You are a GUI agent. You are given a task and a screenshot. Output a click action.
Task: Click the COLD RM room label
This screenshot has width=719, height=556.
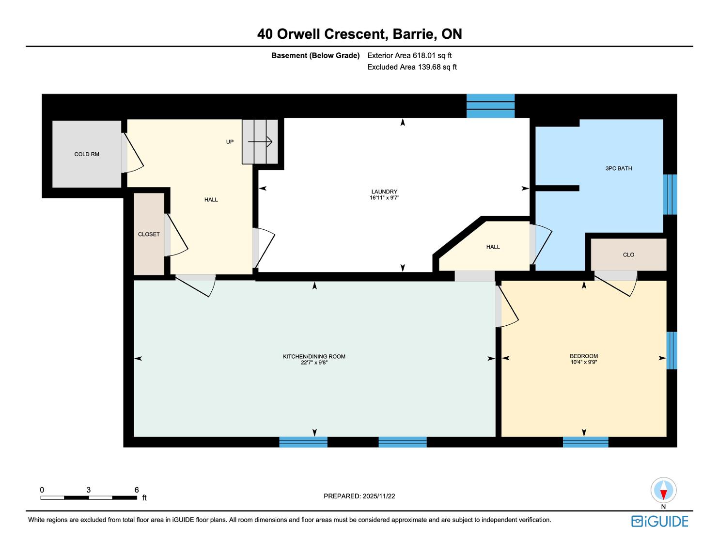tap(87, 154)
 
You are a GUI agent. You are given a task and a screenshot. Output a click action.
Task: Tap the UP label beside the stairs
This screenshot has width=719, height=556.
tap(230, 142)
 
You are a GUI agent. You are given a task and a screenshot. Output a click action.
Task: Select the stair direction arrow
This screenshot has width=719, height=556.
tap(260, 142)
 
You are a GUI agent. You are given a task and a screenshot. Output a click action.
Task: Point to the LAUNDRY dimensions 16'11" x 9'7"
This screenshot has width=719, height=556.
tap(385, 198)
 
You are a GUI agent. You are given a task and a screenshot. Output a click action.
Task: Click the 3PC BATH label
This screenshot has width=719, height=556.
tap(619, 169)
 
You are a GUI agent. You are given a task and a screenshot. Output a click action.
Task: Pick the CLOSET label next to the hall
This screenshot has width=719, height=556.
tap(149, 234)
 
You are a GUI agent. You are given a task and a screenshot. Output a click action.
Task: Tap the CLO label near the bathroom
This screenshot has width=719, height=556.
tap(629, 255)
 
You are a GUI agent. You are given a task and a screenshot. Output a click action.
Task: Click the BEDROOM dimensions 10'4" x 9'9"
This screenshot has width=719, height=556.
tap(584, 362)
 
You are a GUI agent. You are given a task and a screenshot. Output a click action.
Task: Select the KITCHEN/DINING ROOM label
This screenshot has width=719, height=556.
tap(314, 356)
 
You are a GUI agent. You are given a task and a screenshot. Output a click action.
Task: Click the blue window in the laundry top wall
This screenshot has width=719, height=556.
tap(490, 106)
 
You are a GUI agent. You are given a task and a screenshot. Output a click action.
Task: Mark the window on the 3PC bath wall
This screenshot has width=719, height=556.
tap(670, 194)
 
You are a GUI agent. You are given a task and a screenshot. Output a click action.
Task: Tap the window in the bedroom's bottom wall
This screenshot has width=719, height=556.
tap(586, 442)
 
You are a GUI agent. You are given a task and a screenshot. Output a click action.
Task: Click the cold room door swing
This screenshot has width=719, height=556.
tap(133, 153)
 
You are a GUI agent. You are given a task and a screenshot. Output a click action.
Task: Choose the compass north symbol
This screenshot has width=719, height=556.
tap(663, 490)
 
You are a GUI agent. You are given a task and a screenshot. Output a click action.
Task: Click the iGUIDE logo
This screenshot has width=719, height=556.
tap(660, 521)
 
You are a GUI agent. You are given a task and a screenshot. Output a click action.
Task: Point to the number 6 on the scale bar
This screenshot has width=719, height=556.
tap(137, 490)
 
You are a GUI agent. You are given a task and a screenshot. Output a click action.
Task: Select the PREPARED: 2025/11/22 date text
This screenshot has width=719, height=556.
tap(359, 496)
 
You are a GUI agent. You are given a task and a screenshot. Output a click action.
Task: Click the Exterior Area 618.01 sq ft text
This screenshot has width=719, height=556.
tap(409, 56)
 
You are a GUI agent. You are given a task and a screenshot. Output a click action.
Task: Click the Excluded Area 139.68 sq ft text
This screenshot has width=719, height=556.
tap(412, 67)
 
